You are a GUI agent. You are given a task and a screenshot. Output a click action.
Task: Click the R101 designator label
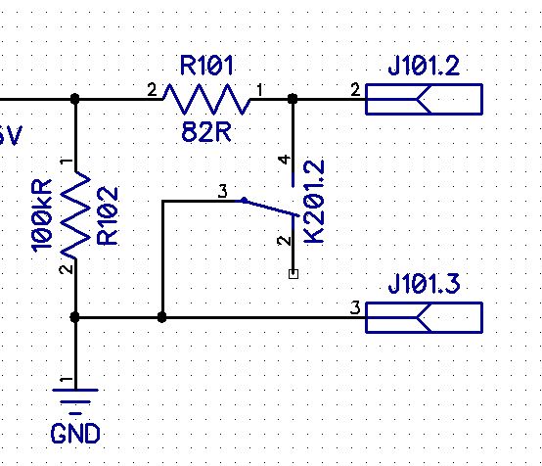(x=206, y=66)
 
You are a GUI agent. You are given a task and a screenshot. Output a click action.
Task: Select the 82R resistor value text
(x=206, y=132)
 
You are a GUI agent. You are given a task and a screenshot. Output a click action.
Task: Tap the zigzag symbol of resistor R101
(x=207, y=99)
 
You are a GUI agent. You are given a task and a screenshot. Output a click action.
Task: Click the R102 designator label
(x=108, y=216)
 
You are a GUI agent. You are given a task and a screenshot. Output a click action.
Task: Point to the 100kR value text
(x=41, y=215)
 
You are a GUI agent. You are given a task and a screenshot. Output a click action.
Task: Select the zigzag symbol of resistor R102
(x=75, y=214)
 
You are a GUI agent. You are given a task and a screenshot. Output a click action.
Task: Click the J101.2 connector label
(x=424, y=66)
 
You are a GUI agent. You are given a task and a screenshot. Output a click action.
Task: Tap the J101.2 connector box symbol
(x=424, y=99)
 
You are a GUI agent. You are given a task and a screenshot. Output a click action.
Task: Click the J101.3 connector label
(x=425, y=284)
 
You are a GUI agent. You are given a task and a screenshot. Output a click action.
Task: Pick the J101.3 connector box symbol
(x=424, y=317)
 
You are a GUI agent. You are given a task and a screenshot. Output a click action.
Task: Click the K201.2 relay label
(x=314, y=202)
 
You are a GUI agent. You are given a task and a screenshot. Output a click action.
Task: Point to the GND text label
(x=75, y=434)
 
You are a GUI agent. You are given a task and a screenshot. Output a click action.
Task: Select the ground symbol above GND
(x=75, y=401)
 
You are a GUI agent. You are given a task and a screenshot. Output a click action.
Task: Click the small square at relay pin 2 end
(x=294, y=274)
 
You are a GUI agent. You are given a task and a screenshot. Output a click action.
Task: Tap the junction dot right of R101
(x=293, y=99)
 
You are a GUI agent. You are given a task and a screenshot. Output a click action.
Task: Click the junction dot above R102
(x=75, y=99)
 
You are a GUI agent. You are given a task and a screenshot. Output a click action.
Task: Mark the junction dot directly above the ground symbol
(x=74, y=317)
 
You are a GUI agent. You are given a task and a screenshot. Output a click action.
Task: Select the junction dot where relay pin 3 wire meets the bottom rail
(x=161, y=317)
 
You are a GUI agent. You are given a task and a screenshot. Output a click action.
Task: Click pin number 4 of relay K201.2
(x=284, y=160)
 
